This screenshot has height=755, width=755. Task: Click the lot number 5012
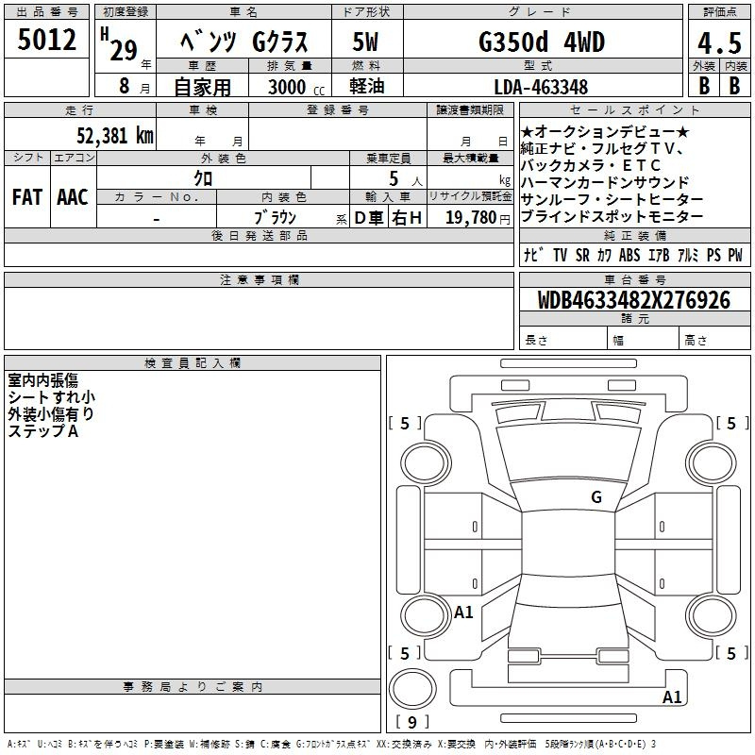46,40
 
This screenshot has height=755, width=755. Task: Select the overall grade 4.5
719,43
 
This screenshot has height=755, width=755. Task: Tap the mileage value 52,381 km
115,136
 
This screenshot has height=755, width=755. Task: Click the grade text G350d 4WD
542,42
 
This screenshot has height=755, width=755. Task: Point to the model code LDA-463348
541,87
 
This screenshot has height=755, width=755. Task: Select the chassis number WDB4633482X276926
633,300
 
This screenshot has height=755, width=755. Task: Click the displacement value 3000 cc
296,87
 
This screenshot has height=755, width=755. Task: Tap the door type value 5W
365,42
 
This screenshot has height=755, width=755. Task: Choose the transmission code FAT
27,197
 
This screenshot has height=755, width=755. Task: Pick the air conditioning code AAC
73,197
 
